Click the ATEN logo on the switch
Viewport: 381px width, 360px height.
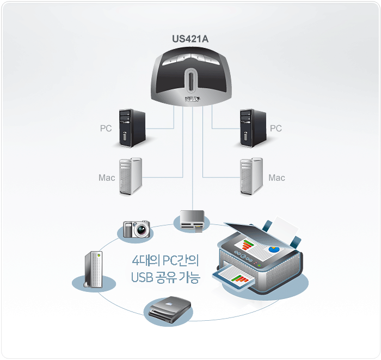(192, 99)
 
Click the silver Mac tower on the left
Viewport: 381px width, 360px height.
(131, 177)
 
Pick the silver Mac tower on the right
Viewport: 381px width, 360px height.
(253, 177)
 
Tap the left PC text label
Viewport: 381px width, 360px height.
(106, 129)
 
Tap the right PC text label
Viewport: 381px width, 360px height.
(276, 129)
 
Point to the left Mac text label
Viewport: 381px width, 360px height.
(107, 178)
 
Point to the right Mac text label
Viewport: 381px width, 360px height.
(276, 178)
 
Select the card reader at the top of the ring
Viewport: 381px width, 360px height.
(192, 219)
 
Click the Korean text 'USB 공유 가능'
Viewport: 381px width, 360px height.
(165, 278)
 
